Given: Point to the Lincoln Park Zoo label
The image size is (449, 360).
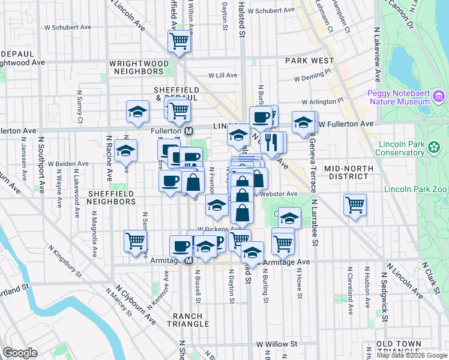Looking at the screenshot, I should tap(424, 188).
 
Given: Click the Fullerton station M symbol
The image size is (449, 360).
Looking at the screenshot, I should tap(188, 131).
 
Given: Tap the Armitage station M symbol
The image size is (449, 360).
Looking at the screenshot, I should tap(188, 261).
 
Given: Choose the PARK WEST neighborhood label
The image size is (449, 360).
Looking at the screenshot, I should tap(309, 61).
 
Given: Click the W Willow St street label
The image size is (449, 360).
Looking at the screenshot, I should tap(277, 344).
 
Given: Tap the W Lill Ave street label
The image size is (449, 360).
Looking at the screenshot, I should tap(223, 76).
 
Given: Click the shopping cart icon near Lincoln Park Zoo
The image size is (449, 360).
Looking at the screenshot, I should tap(355, 205).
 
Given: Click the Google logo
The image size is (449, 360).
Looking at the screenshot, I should tap(20, 353).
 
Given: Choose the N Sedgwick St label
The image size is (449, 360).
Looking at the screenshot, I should tap(382, 288).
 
